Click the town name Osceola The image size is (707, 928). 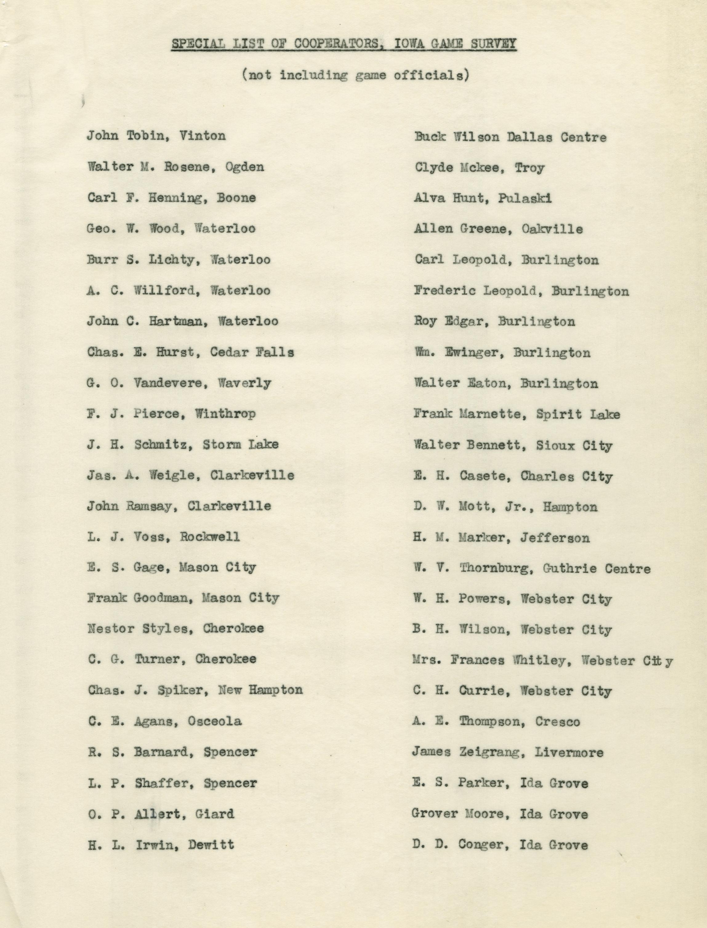pyautogui.click(x=215, y=721)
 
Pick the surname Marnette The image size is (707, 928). pyautogui.click(x=489, y=414)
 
